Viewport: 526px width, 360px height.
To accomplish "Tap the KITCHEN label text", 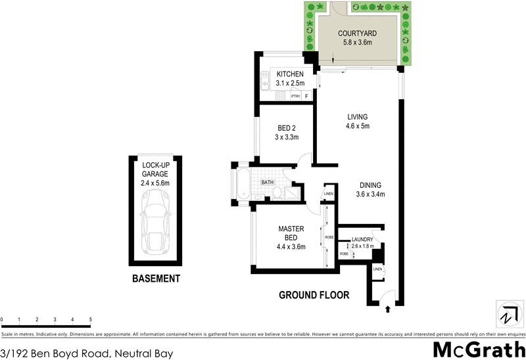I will coord(290,74).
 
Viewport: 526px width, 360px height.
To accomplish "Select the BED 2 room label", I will coord(286,128).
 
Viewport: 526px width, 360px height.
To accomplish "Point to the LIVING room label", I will coord(357,117).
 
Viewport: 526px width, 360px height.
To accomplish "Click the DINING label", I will coord(370,185).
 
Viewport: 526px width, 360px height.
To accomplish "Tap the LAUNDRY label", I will coord(362,239).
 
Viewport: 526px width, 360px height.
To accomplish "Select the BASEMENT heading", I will coord(156,279).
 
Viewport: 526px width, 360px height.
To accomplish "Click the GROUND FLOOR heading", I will coord(314,295).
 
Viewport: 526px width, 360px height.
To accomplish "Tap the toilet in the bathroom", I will coord(278,193).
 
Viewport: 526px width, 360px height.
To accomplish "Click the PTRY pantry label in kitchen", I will coord(296,97).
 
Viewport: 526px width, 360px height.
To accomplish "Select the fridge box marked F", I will coord(306,97).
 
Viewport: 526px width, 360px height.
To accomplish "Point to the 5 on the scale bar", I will coord(90,319).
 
